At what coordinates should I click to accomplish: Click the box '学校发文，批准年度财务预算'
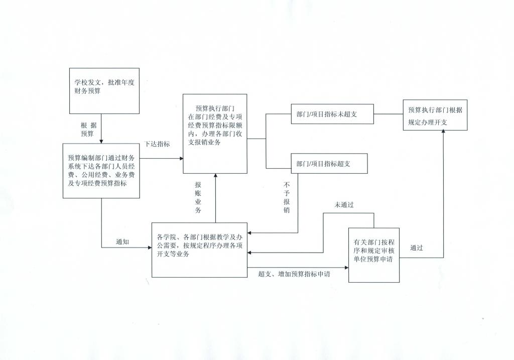tap(104, 91)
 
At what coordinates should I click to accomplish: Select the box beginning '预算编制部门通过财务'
tap(101, 171)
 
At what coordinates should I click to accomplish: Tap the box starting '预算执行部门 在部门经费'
tap(215, 134)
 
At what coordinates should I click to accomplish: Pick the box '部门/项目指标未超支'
tap(332, 114)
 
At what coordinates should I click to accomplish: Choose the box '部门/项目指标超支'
tap(329, 163)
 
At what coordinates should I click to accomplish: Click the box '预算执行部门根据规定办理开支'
tap(435, 115)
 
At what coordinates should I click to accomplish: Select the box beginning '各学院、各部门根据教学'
tap(199, 250)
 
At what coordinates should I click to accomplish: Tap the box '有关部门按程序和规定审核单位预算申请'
tap(374, 255)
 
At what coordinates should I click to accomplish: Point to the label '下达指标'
tap(157, 144)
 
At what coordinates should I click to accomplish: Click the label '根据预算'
tap(88, 130)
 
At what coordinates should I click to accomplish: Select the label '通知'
tap(122, 242)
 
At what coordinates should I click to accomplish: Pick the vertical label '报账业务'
tap(198, 197)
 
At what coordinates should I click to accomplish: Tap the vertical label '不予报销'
tap(287, 197)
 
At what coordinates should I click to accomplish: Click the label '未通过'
tap(344, 205)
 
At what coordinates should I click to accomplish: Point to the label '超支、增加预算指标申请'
tap(294, 274)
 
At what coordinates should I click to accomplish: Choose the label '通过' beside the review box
tap(417, 248)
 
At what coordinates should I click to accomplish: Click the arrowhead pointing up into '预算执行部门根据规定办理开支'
tap(444, 131)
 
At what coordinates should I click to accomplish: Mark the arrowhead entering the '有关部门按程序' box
tap(346, 268)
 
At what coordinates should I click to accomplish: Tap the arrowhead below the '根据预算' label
tap(101, 141)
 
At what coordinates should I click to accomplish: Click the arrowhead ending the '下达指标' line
tap(181, 159)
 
